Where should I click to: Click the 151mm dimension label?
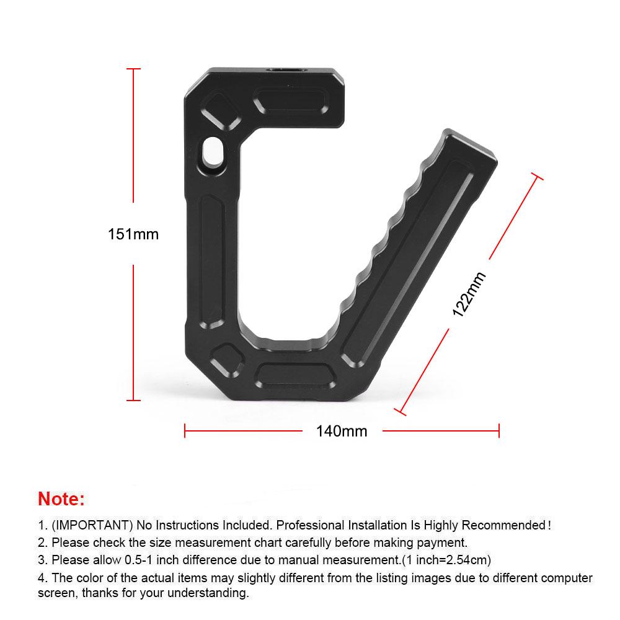pos(133,234)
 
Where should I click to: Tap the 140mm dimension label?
pos(342,431)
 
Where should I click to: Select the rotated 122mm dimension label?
pos(469,294)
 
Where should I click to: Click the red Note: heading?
pos(61,498)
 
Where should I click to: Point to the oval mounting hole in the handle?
pos(212,153)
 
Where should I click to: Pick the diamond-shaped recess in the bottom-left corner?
pos(226,361)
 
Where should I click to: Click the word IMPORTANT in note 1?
pos(91,526)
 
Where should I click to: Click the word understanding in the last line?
pos(209,593)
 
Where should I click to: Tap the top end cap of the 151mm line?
pos(133,69)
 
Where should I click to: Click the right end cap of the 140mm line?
pos(498,430)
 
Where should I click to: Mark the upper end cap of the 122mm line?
pos(537,177)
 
